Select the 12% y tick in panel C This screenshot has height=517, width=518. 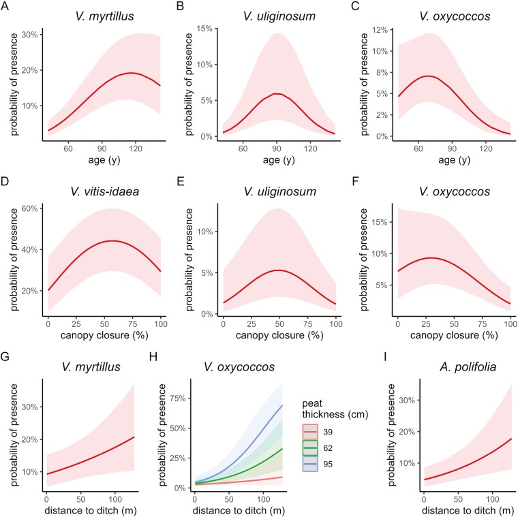pos(377,30)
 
